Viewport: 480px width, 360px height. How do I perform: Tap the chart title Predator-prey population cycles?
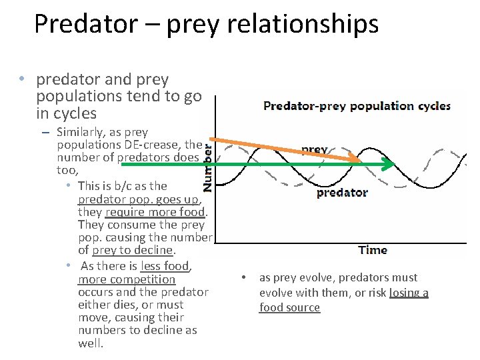click(357, 105)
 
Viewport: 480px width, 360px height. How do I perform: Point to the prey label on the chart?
click(315, 150)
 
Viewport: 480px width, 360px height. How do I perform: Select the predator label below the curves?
click(342, 193)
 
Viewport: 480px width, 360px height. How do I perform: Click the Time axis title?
click(373, 250)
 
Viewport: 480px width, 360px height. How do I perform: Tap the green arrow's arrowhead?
click(389, 164)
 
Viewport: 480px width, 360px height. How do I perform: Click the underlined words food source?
click(289, 307)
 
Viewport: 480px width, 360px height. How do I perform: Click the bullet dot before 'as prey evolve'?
click(245, 277)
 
